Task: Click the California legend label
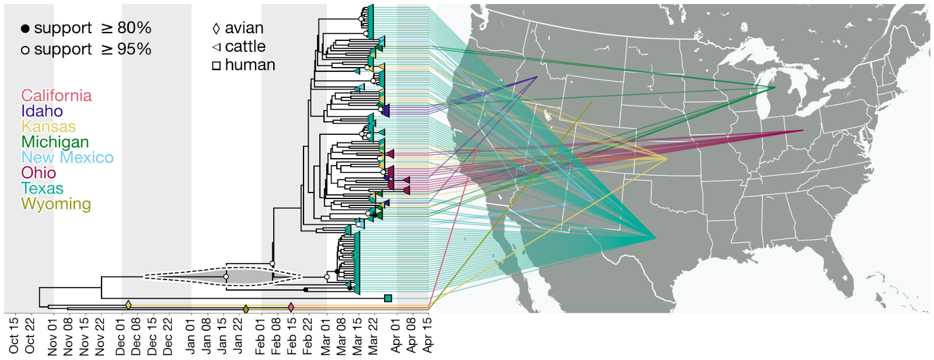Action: tap(56, 96)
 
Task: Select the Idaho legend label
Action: tap(41, 111)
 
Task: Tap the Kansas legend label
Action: tap(48, 126)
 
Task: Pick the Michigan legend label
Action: tap(55, 142)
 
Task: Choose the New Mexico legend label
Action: tap(67, 158)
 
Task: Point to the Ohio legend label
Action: tap(39, 173)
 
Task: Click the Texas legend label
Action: tap(42, 188)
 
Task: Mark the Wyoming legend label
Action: tap(56, 204)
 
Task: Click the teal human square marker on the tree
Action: tap(388, 298)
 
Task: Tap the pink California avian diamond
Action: tap(291, 307)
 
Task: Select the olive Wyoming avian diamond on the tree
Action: tap(246, 309)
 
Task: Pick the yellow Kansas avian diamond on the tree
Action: tap(128, 305)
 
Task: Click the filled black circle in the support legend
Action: tap(26, 29)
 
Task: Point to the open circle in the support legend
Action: tap(26, 50)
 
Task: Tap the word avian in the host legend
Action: tap(244, 28)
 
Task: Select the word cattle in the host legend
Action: tap(245, 46)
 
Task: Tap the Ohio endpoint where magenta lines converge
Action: tap(803, 131)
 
